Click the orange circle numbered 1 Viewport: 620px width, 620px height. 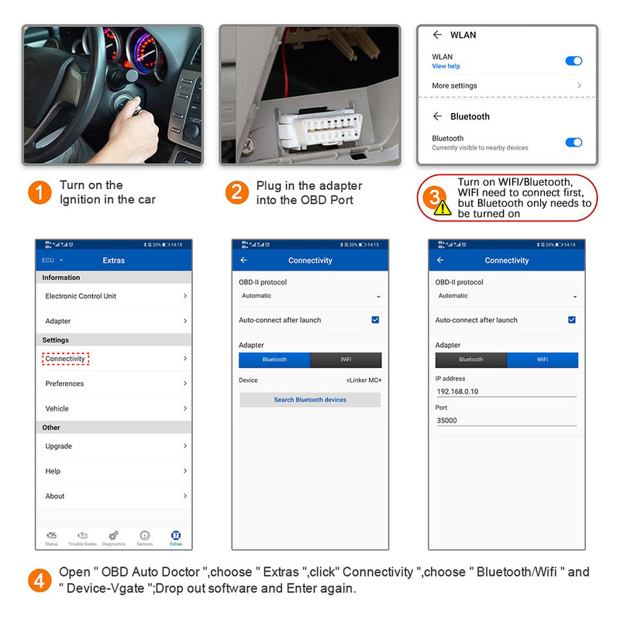(40, 192)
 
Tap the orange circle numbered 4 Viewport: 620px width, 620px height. (40, 580)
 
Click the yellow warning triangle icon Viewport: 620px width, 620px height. (442, 207)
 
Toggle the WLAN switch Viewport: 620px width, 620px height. (573, 60)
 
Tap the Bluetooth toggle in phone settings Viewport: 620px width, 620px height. (573, 142)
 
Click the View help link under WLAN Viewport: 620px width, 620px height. (446, 67)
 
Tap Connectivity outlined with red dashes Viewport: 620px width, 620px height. (66, 359)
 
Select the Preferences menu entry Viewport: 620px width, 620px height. (64, 384)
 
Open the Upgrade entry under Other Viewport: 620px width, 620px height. (59, 446)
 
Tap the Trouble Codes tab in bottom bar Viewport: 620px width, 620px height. (82, 539)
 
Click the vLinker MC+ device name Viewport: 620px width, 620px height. (363, 381)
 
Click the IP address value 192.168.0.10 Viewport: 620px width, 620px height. (458, 391)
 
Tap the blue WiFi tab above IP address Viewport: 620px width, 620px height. (542, 360)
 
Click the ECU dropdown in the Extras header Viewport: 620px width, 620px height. (53, 260)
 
